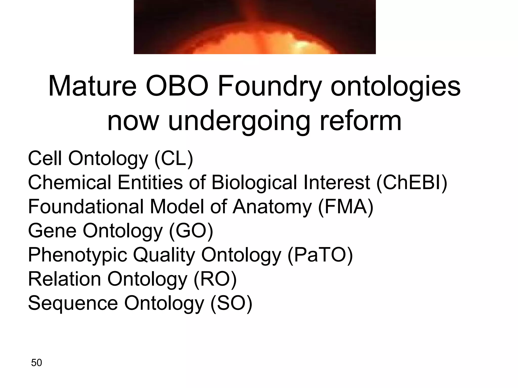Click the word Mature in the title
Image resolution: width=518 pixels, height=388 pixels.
click(92, 87)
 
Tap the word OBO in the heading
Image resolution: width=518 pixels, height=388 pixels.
click(177, 87)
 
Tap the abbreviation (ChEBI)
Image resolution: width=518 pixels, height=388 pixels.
click(412, 183)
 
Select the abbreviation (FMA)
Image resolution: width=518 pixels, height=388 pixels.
click(346, 207)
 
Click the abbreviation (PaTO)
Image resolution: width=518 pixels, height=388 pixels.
click(320, 255)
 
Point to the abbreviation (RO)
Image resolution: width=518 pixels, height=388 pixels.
click(215, 279)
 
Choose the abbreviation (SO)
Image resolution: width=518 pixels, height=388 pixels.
click(231, 303)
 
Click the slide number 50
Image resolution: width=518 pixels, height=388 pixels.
click(36, 363)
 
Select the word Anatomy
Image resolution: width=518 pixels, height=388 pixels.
click(272, 207)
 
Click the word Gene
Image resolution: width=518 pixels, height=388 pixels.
click(52, 231)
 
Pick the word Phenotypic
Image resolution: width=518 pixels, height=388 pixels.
click(77, 255)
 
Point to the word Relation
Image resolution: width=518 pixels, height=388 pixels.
click(64, 279)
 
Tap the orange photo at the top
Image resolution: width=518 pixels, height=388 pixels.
click(254, 27)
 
